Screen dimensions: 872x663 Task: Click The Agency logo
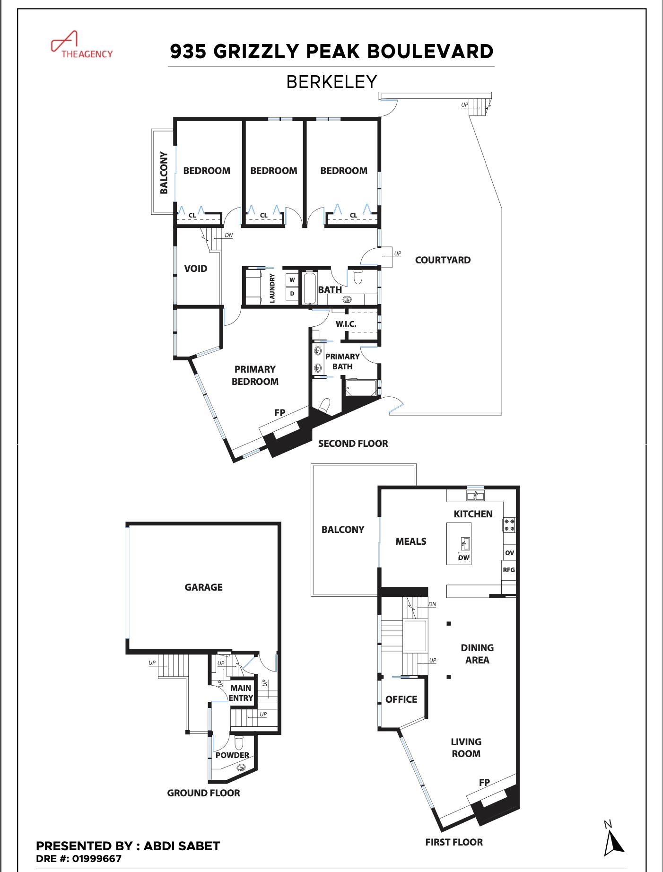(x=81, y=45)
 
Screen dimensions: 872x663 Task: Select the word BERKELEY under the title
(x=331, y=82)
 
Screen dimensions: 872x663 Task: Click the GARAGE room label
(x=203, y=587)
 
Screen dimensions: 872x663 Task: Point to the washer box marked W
(x=292, y=280)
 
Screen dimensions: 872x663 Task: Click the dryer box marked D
(x=292, y=294)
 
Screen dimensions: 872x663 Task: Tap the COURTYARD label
(x=443, y=260)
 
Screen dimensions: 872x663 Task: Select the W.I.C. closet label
(x=346, y=324)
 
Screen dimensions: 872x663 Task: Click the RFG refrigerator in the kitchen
(x=509, y=570)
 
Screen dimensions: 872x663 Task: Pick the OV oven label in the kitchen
(x=509, y=553)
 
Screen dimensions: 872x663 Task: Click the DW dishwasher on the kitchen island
(x=464, y=558)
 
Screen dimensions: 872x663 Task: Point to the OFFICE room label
(x=401, y=699)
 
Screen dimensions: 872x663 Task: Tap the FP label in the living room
(x=484, y=783)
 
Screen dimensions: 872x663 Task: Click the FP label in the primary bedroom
(x=280, y=413)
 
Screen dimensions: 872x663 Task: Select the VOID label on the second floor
(x=196, y=269)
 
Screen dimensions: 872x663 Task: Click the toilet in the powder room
(x=238, y=743)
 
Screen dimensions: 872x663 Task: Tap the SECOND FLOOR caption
(x=353, y=444)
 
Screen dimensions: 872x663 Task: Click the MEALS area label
(x=411, y=541)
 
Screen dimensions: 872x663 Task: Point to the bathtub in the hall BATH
(x=309, y=288)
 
